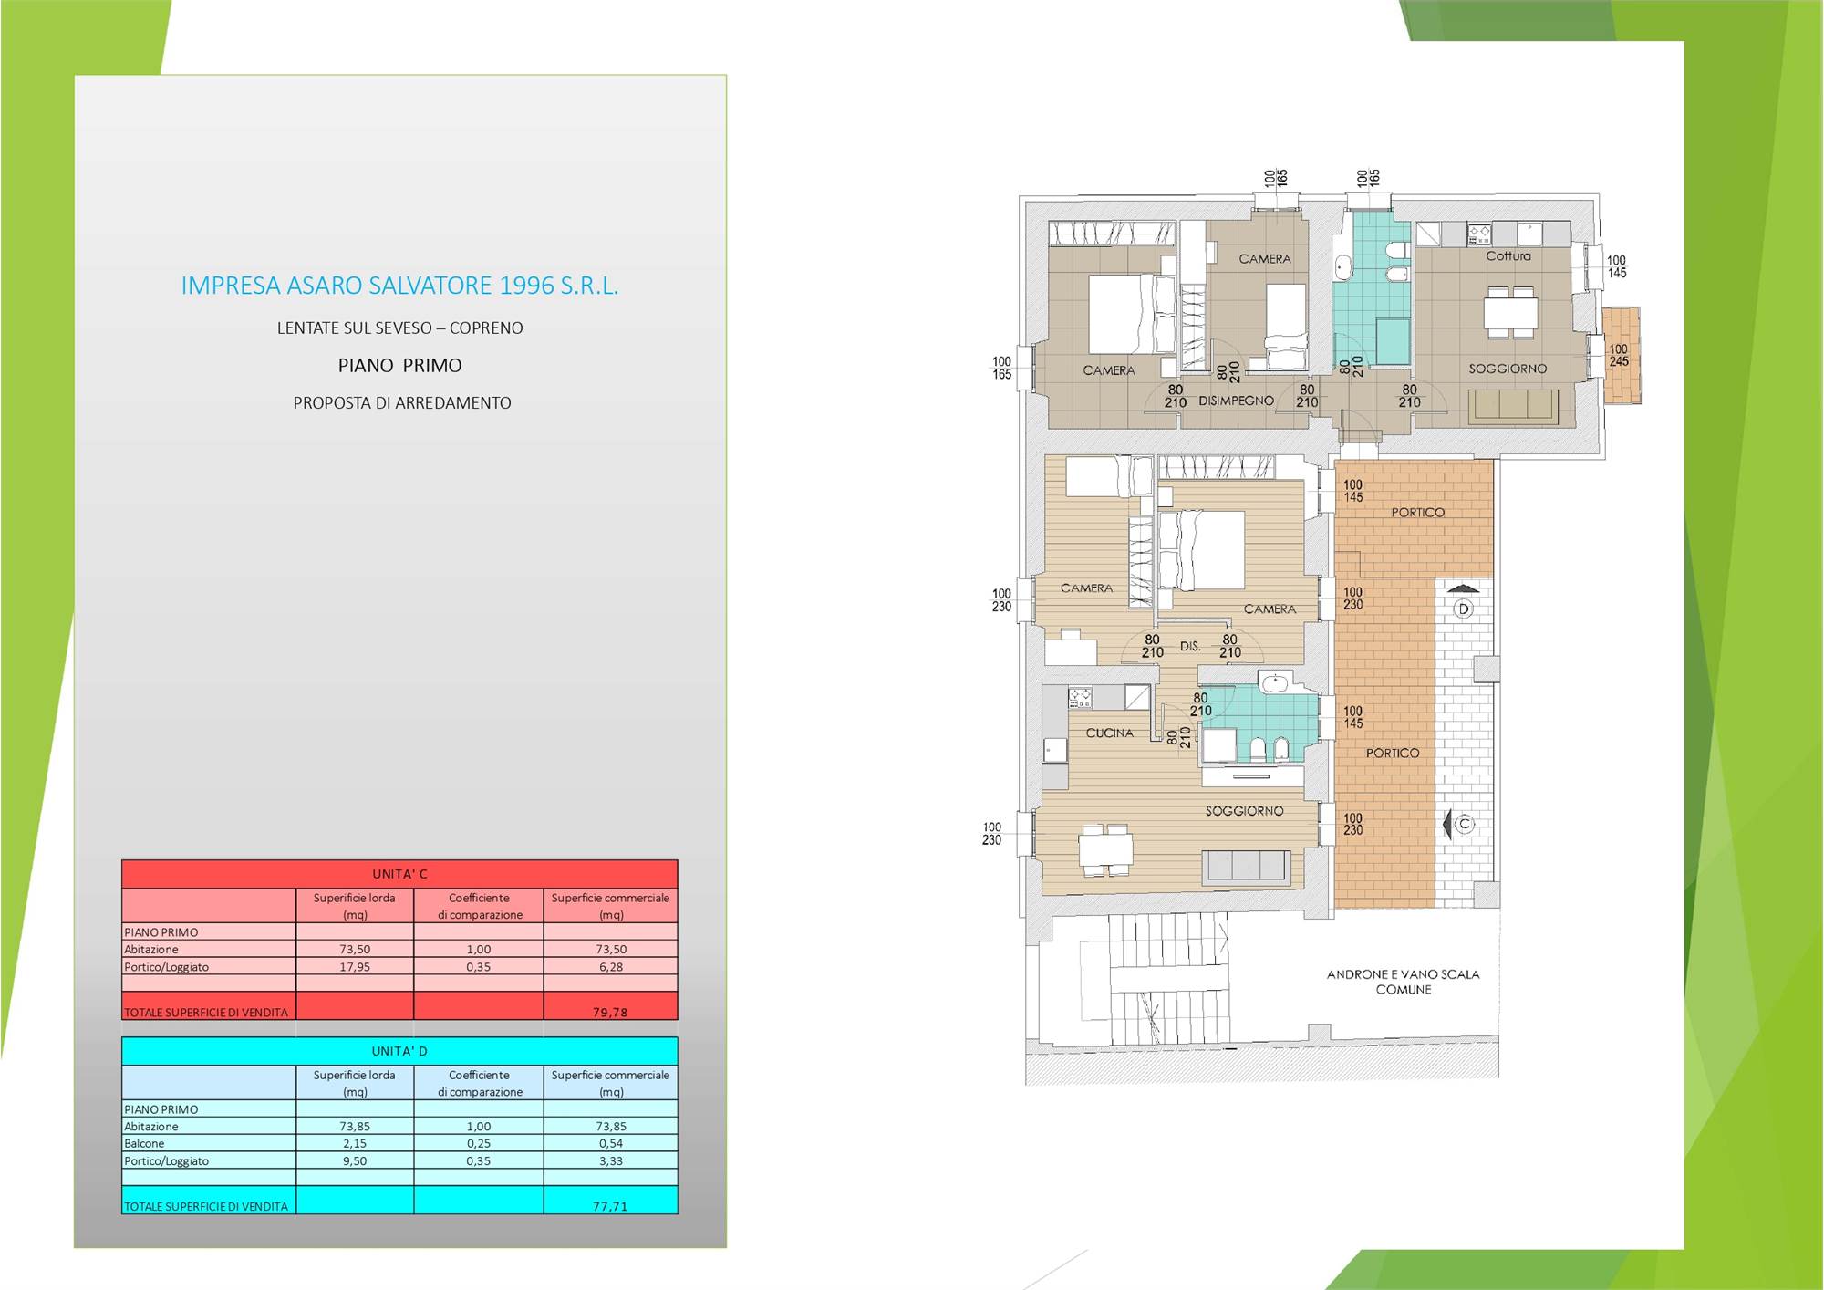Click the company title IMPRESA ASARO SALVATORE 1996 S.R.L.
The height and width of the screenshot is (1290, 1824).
tap(399, 286)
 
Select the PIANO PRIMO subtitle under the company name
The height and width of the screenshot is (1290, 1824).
tap(400, 366)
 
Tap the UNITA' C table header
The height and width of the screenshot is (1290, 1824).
tap(399, 874)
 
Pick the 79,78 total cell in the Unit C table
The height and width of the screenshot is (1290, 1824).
tap(610, 1012)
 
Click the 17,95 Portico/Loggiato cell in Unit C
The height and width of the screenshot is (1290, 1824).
tap(355, 967)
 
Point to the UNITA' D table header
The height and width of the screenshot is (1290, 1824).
tap(399, 1051)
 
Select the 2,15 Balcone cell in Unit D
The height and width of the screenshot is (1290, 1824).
tap(354, 1143)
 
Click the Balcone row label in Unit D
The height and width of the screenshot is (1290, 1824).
tap(144, 1143)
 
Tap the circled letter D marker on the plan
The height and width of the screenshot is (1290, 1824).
tap(1464, 609)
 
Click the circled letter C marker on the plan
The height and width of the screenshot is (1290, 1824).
tap(1465, 824)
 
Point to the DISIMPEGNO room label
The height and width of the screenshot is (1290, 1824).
tap(1236, 401)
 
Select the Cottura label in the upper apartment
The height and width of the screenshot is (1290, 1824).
tap(1508, 255)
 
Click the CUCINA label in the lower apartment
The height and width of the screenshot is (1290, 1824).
tap(1109, 733)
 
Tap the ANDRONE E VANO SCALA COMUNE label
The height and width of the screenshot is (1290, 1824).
tap(1404, 982)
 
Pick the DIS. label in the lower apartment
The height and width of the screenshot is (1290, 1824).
tap(1190, 646)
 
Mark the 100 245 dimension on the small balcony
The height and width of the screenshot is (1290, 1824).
tap(1619, 355)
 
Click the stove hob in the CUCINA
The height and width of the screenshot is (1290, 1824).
tap(1081, 698)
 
